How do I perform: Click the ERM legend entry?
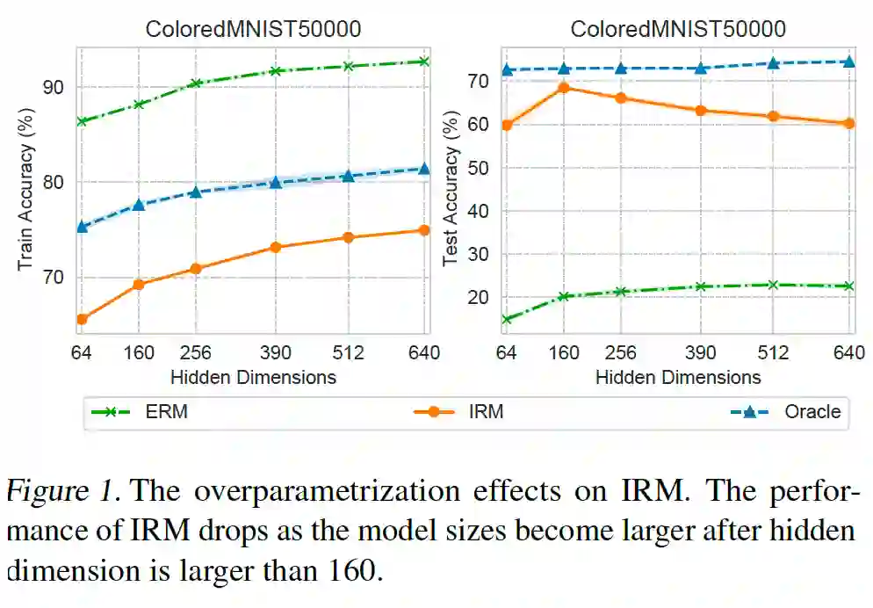click(x=141, y=411)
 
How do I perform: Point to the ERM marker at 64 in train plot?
click(x=81, y=121)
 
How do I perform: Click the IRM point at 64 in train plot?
click(x=81, y=319)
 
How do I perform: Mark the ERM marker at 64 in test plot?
click(x=506, y=319)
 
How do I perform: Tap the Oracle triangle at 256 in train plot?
click(x=196, y=192)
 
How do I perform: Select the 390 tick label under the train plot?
click(x=275, y=353)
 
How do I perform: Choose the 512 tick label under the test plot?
click(x=774, y=353)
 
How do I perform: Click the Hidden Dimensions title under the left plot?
click(x=253, y=377)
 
